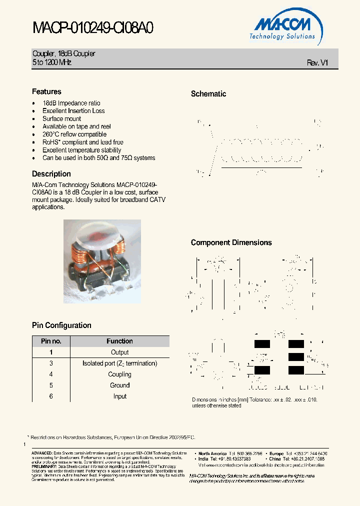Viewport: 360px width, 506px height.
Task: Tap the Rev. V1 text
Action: click(x=317, y=62)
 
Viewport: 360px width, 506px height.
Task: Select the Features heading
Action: click(x=46, y=91)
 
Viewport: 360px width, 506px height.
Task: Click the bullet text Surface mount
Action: click(x=61, y=118)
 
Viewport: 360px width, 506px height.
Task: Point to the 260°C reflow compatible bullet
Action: click(x=74, y=134)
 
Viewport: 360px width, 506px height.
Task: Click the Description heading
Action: click(x=51, y=174)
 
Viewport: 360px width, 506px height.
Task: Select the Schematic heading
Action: click(x=208, y=93)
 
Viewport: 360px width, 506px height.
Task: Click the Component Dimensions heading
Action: click(x=231, y=242)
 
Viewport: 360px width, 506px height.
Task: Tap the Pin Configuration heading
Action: click(x=61, y=325)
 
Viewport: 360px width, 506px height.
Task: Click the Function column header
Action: click(x=119, y=341)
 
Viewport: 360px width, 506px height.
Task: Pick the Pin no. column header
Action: click(x=51, y=341)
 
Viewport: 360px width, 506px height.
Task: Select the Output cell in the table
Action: click(x=119, y=352)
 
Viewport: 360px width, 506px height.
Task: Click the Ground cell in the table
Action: click(x=119, y=385)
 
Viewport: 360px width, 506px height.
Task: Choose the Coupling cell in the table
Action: click(x=119, y=374)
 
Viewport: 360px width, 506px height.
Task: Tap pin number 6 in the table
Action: click(x=51, y=396)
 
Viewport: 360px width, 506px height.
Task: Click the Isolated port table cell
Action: click(x=119, y=363)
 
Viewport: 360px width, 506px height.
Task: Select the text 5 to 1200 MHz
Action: click(x=52, y=62)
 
